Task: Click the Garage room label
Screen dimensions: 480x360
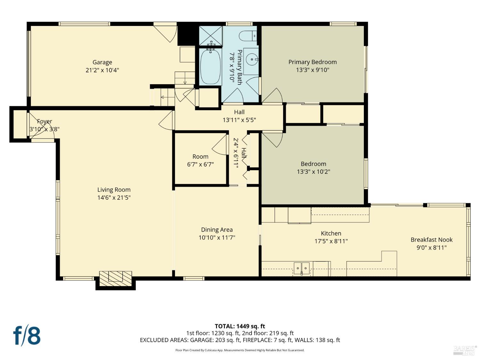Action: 102,62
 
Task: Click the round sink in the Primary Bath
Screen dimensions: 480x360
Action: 252,59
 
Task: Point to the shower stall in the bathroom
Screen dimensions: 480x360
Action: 211,36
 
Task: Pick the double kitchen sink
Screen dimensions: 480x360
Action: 301,268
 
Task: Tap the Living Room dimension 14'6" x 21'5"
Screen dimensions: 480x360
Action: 114,197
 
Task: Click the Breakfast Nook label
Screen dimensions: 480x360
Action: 431,240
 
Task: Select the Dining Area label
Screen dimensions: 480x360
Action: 217,230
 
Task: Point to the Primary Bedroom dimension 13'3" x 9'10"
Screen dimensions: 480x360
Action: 313,70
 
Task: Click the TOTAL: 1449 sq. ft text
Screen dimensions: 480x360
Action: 240,326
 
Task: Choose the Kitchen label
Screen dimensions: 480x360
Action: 331,233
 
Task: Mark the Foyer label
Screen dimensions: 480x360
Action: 44,121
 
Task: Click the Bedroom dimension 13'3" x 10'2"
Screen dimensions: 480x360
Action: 313,172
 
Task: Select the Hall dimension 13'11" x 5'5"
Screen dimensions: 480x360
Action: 239,120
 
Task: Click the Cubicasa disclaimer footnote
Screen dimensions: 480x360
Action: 240,350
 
